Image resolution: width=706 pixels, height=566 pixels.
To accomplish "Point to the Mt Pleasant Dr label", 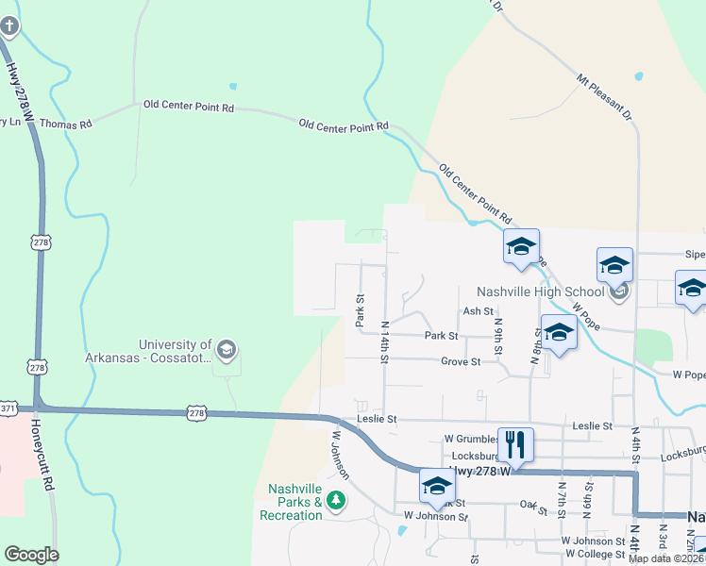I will (x=605, y=97).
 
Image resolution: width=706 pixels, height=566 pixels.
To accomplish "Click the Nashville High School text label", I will (x=540, y=291).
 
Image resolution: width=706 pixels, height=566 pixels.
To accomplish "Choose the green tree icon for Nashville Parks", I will (x=335, y=499).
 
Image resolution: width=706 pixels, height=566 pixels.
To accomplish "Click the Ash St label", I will (x=478, y=311).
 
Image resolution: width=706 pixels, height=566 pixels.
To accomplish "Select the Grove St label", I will (x=461, y=361).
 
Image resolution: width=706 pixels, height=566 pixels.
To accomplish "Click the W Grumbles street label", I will (x=471, y=439).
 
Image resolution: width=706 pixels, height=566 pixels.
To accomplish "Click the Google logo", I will (x=31, y=555).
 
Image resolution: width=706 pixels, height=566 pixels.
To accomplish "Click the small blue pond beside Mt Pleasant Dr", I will (x=639, y=75).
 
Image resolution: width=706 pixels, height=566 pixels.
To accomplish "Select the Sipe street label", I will (x=695, y=255).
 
